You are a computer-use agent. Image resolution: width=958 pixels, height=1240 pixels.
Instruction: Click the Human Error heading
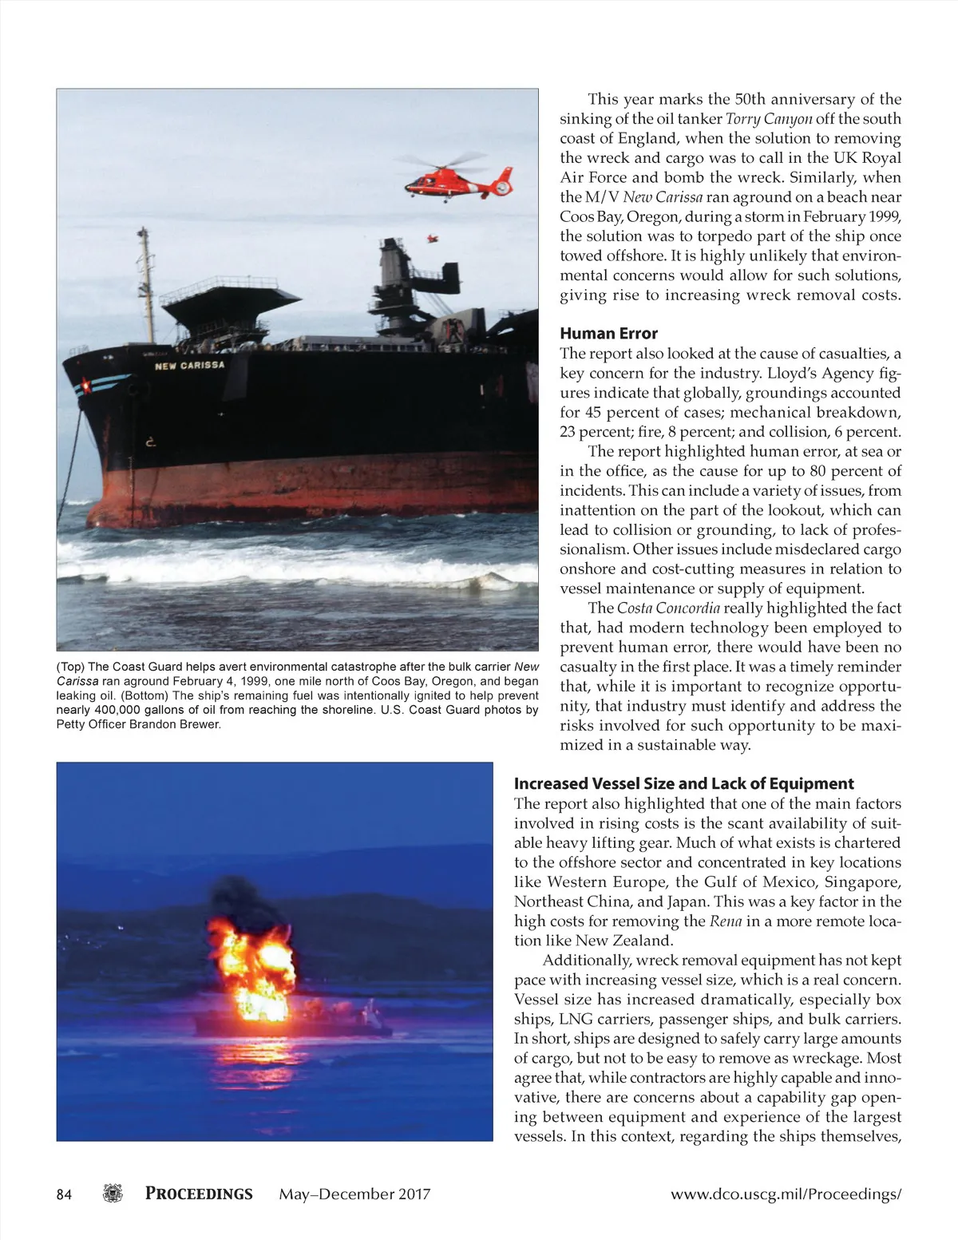tap(608, 334)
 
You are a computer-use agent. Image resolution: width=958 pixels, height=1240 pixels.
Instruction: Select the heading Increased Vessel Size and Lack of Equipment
tap(683, 784)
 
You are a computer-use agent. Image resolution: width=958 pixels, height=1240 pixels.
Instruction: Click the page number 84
tap(65, 1194)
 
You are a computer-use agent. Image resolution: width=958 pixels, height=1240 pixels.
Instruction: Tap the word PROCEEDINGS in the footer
tap(199, 1194)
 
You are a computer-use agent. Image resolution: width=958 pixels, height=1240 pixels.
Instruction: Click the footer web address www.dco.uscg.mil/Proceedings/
tap(786, 1194)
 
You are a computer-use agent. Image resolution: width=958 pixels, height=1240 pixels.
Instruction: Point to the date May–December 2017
tap(354, 1194)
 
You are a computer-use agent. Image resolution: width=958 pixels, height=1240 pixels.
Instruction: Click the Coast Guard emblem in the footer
tap(114, 1194)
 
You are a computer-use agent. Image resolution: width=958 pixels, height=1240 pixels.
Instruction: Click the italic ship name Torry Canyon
tap(768, 119)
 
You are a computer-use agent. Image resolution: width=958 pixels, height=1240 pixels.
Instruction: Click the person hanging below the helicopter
tap(433, 238)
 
